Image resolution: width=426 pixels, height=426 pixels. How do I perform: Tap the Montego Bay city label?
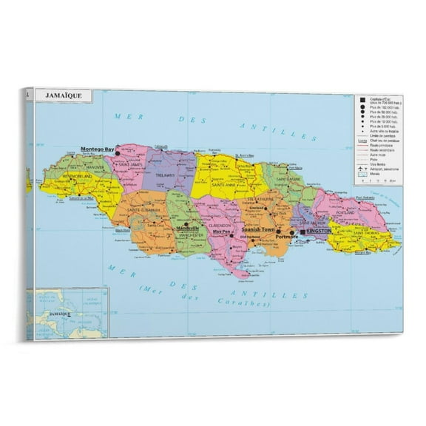[98, 149]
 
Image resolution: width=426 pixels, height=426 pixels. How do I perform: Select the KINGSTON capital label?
[319, 231]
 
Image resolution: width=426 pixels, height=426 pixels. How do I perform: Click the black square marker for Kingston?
[302, 231]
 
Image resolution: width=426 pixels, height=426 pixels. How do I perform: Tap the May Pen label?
[222, 231]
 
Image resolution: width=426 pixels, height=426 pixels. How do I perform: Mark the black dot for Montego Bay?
[118, 151]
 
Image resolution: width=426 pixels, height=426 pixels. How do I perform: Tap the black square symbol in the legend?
[363, 98]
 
